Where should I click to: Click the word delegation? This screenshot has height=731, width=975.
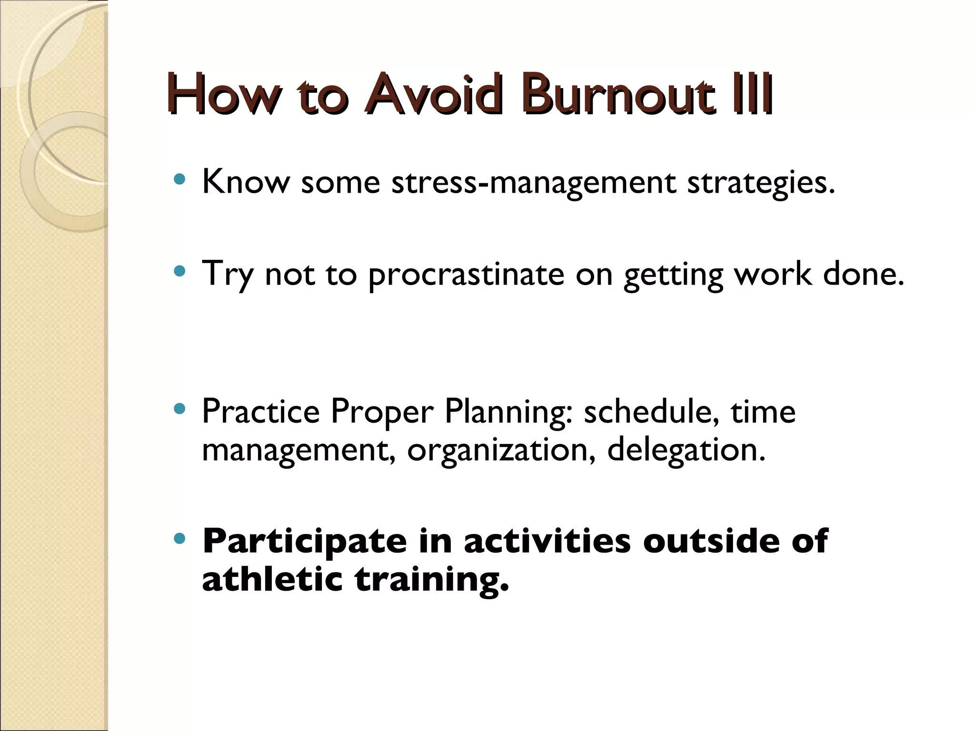[x=686, y=450]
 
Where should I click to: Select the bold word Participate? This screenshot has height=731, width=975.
[x=305, y=542]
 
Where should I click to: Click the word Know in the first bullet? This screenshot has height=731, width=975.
[x=246, y=182]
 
